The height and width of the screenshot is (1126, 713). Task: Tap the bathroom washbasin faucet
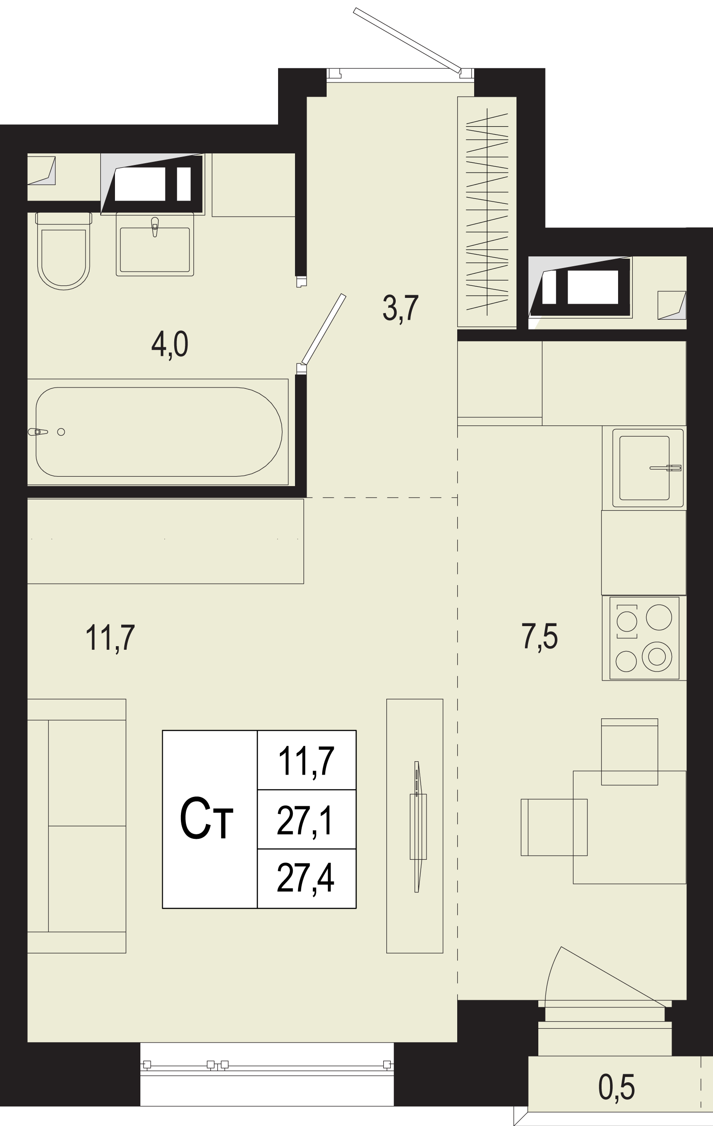click(155, 227)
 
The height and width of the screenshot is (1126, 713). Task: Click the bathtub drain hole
click(61, 432)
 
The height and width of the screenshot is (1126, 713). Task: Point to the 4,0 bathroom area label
click(170, 344)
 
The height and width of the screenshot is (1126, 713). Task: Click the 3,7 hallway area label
click(401, 308)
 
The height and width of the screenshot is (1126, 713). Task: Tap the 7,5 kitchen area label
click(539, 636)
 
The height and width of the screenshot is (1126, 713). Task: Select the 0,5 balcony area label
click(616, 1087)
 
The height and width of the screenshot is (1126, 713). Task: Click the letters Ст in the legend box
click(206, 819)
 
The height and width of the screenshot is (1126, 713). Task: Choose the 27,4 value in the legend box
click(306, 878)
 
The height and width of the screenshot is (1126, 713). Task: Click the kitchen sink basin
click(644, 468)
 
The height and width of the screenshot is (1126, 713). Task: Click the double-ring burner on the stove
click(657, 656)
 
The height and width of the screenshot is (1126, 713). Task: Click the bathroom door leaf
click(324, 329)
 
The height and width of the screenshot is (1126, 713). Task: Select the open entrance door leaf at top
click(407, 40)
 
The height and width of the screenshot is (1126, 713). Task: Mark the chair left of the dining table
click(553, 827)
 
